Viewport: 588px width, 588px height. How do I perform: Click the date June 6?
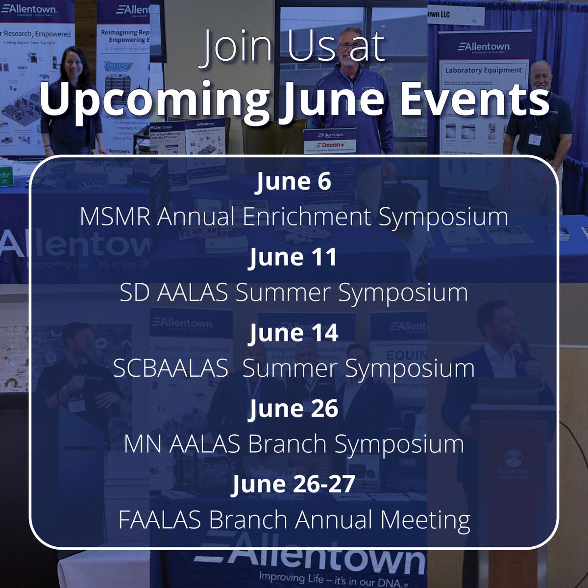coord(294,181)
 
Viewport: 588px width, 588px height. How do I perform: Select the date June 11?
coord(293,257)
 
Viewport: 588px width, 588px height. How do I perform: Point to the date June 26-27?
coord(294,484)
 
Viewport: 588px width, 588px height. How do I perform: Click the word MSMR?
coord(117,217)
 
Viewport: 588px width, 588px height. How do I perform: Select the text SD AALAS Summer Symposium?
coord(294,293)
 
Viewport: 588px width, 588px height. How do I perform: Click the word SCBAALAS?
coord(171,368)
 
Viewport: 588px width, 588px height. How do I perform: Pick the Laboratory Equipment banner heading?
coord(483,70)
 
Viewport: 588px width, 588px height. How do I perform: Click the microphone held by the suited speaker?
coord(524,345)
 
